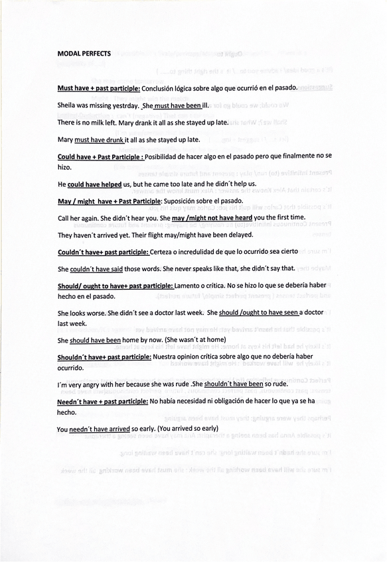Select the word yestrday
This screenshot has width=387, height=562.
pos(122,105)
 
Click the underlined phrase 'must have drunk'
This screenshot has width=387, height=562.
pos(100,140)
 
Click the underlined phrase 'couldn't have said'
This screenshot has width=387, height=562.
pos(96,268)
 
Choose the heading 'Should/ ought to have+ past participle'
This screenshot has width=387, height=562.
pos(115,286)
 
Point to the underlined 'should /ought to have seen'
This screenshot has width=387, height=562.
pos(261,313)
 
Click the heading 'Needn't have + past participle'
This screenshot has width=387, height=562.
pos(102,402)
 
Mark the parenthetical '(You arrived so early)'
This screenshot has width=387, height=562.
pos(187,429)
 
